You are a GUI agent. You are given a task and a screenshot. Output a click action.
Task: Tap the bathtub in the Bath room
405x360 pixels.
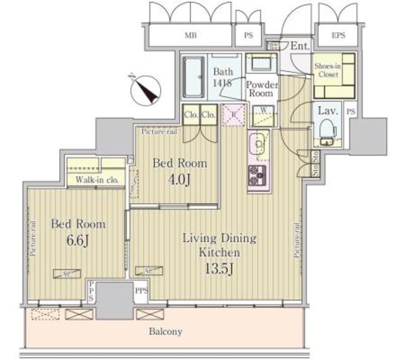coord(193,77)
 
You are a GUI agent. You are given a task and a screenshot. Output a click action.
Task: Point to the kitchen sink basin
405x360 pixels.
coord(258,144)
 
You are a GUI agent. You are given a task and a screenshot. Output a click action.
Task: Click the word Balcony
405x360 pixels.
coord(167,331)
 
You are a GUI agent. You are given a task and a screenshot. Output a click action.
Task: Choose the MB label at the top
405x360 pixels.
coord(190,36)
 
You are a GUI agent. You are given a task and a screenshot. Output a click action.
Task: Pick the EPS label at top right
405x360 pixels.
coord(339,36)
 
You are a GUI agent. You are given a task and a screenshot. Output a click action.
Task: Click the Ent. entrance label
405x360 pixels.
coord(299,46)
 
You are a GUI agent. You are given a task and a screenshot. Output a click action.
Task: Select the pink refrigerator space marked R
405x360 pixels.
coord(234,114)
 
